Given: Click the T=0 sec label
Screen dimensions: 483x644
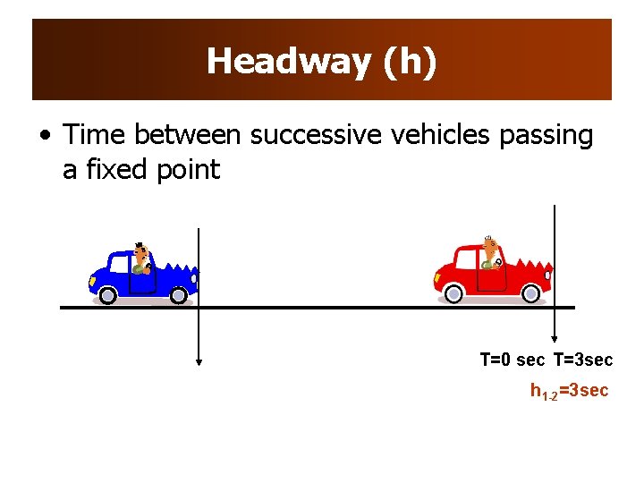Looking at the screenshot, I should point(512,360).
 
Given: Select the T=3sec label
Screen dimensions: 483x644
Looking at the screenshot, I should point(583,360).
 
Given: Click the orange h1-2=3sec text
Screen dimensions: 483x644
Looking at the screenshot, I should point(569,391).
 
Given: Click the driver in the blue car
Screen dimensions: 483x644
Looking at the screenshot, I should point(140,258).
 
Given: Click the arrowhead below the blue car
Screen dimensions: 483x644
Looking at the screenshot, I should point(199,362).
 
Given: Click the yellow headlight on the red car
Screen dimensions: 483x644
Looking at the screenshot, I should point(438,277).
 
